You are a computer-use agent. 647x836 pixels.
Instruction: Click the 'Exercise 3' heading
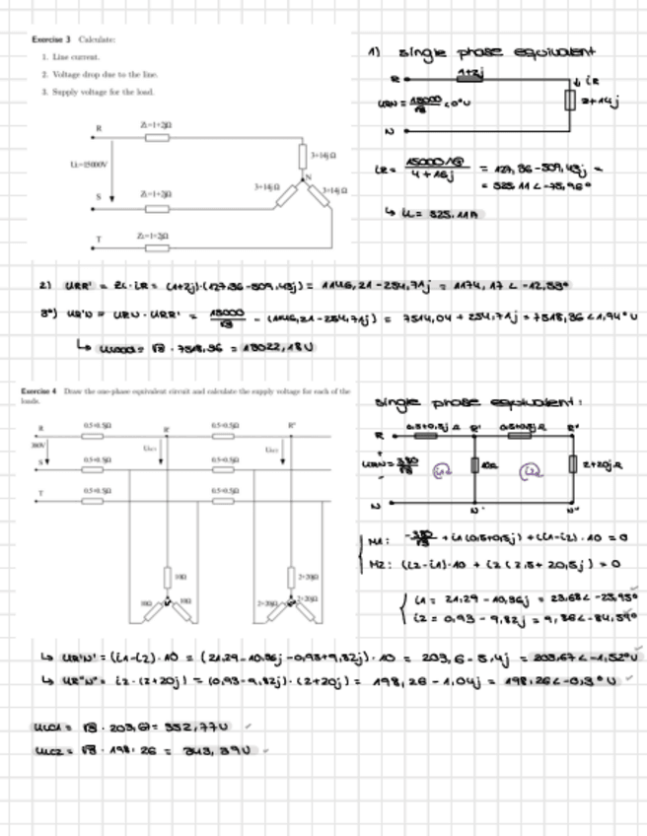50,39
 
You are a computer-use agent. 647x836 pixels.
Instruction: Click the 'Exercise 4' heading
39,391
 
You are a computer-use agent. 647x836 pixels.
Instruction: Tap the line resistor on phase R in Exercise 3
157,138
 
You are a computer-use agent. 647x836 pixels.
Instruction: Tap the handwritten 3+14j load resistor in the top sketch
569,100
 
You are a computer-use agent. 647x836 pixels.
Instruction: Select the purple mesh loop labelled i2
532,471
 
